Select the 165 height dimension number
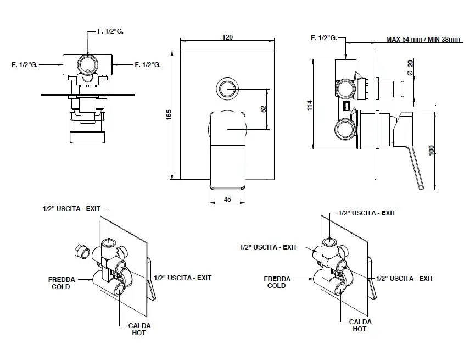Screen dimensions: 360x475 click(169, 114)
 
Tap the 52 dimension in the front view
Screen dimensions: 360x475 click(264, 109)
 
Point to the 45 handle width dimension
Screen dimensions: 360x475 click(227, 199)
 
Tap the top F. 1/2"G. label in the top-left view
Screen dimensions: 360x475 click(110, 32)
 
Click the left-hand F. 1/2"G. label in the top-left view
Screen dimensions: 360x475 click(24, 65)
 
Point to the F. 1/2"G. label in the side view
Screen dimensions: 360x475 click(323, 38)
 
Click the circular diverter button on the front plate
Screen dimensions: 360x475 click(227, 88)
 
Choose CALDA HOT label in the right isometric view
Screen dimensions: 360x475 click(360, 325)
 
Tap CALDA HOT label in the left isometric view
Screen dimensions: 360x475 click(139, 329)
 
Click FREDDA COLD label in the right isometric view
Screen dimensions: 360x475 click(277, 283)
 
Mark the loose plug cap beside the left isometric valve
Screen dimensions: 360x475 click(82, 252)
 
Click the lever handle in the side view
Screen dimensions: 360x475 click(416, 148)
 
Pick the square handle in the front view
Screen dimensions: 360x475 click(227, 148)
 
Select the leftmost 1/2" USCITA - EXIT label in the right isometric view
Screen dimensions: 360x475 click(269, 247)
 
